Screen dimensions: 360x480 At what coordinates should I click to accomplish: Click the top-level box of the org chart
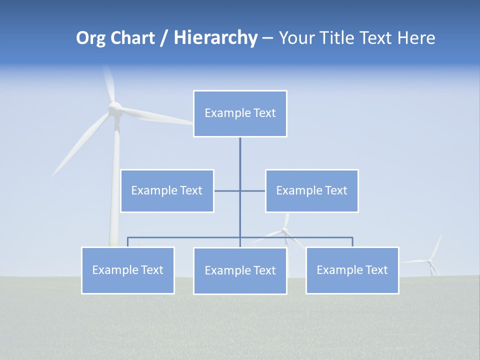[240, 113]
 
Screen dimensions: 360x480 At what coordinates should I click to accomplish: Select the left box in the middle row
[167, 190]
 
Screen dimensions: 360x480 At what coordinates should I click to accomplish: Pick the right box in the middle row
[311, 190]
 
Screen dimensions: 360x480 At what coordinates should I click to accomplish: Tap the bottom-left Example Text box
[128, 270]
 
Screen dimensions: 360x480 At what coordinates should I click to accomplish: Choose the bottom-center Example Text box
[240, 270]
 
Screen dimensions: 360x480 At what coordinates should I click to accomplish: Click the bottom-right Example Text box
[352, 270]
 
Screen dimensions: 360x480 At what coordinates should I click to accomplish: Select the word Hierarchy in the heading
[215, 38]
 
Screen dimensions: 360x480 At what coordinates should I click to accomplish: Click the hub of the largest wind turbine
[115, 107]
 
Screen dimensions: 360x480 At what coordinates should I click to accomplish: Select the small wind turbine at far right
[431, 260]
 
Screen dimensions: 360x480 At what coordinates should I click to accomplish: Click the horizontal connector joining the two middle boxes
[227, 190]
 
